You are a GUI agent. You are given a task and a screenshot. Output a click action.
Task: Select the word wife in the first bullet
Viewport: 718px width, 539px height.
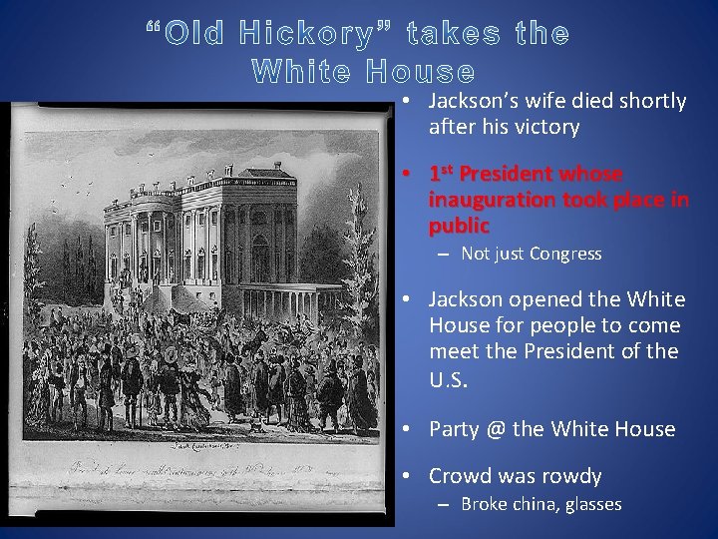point(538,101)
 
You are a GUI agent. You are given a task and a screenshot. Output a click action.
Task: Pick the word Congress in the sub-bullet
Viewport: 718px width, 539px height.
point(565,254)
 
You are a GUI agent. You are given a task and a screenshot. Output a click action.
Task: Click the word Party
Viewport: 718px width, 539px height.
point(454,429)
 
